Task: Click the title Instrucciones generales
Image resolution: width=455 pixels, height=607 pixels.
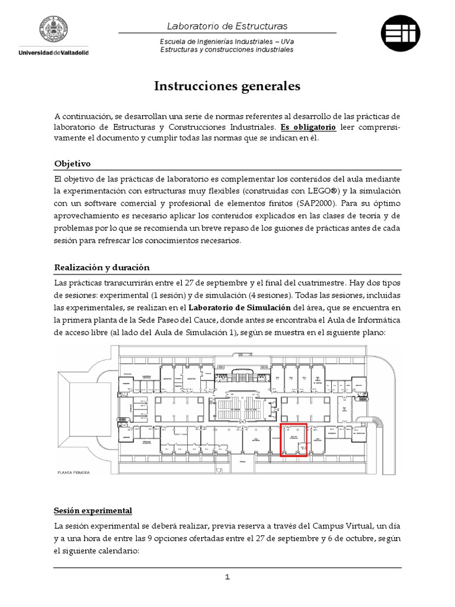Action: pos(227,87)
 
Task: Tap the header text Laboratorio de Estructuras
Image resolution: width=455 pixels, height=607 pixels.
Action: pos(227,26)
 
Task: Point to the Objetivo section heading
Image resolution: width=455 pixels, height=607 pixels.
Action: pos(72,164)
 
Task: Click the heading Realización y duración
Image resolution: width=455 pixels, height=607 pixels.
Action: pos(102,267)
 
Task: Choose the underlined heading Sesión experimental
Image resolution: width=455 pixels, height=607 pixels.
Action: pos(93,510)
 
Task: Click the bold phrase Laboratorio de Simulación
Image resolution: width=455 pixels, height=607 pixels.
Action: pos(239,307)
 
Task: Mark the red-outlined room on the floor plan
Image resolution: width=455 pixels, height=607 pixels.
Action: pos(293,440)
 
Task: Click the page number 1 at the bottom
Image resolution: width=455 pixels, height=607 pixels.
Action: pos(227,577)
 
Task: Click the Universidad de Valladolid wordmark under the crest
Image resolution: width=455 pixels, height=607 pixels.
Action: pos(54,53)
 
